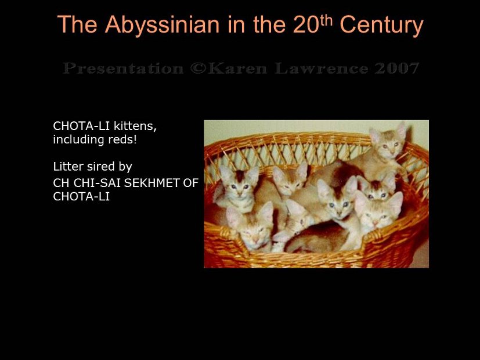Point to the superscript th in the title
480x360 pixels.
[x=327, y=19]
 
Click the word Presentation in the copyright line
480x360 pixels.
[x=122, y=69]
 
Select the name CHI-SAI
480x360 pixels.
[x=95, y=183]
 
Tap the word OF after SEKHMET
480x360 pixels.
[x=190, y=183]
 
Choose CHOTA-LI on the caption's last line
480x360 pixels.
[x=81, y=197]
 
